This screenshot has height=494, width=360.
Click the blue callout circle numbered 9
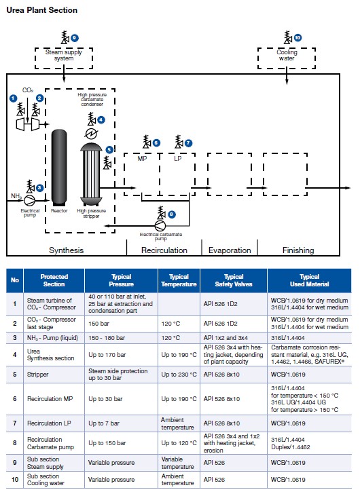[75, 38]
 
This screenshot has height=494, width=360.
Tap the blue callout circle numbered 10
[298, 38]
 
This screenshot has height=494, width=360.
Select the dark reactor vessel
[59, 168]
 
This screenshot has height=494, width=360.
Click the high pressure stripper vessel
[91, 174]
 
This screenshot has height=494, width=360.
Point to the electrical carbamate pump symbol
[160, 225]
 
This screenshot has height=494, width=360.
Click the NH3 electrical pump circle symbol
[30, 199]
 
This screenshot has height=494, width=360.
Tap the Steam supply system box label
[64, 55]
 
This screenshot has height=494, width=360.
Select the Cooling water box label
[287, 55]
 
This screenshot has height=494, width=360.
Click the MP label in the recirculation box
[142, 159]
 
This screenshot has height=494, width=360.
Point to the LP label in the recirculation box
[178, 159]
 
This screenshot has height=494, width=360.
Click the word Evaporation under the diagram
[230, 250]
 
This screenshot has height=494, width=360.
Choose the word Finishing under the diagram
[298, 250]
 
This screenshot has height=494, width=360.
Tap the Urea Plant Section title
[42, 10]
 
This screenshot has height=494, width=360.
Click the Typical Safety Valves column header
[234, 280]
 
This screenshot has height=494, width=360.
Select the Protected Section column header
[54, 280]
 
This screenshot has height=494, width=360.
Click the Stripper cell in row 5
[38, 375]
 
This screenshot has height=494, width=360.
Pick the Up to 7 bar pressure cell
[104, 423]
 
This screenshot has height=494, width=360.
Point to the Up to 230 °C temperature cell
[179, 375]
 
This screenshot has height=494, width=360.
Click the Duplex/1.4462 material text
[290, 447]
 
